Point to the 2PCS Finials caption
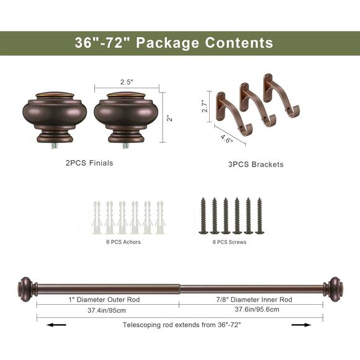[90, 163]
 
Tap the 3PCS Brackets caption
[252, 164]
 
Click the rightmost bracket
[278, 96]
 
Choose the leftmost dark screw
[203, 215]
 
